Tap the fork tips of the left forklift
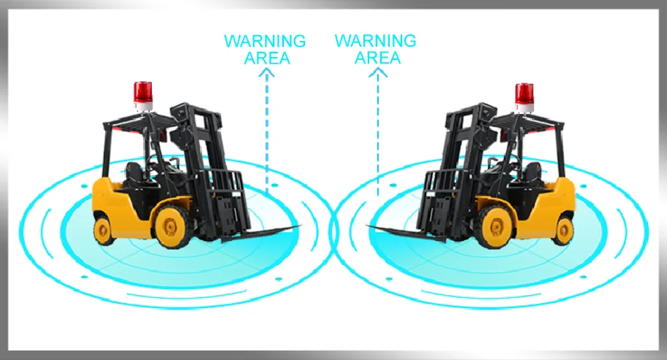292,227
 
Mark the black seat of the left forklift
135,175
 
